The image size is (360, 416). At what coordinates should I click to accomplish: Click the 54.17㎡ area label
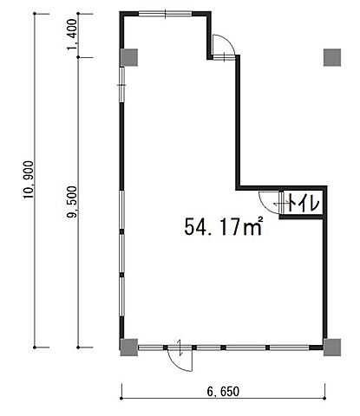point(224,226)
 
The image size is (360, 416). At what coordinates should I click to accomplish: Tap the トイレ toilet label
point(303,203)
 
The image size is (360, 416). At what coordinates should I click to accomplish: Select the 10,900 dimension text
point(29,179)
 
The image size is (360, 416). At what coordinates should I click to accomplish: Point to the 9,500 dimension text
point(72,202)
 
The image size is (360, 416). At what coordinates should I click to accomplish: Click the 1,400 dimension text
point(72,34)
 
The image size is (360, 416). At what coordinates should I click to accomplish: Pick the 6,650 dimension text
point(223,392)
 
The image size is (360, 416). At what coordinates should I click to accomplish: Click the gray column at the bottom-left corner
point(129,348)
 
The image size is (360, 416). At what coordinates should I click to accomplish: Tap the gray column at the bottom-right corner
point(332,348)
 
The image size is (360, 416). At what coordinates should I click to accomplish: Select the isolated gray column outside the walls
point(332,57)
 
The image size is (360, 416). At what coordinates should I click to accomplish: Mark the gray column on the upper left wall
point(129,57)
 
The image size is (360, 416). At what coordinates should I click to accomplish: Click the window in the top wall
point(166,14)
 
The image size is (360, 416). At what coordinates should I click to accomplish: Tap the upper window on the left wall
point(122,85)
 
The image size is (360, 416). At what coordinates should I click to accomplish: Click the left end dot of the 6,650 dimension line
point(121,399)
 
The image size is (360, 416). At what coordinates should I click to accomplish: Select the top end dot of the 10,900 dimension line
point(35,14)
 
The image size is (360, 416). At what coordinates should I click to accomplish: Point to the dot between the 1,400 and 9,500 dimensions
point(78,57)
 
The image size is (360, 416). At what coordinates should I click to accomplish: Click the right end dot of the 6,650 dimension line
point(325,399)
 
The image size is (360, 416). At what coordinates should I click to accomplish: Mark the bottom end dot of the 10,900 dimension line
point(35,348)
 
